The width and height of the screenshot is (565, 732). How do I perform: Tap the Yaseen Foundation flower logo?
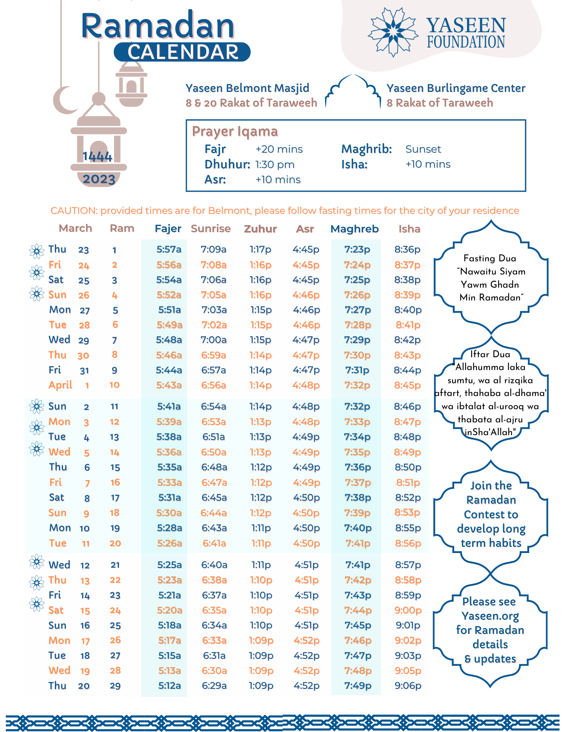[393, 32]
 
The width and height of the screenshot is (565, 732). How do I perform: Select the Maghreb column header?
[354, 229]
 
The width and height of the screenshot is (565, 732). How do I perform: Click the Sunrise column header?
[211, 229]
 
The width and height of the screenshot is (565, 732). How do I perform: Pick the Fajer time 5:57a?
[169, 250]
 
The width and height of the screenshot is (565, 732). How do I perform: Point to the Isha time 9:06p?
[408, 686]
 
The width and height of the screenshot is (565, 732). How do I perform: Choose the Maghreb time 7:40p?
[358, 528]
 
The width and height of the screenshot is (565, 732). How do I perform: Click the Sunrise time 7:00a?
[214, 340]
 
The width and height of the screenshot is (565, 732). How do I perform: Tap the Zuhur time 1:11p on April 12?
[261, 565]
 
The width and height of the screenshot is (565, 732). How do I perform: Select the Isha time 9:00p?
[408, 610]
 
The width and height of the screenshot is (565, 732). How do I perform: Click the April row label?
[60, 385]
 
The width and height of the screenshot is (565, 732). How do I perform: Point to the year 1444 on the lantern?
[97, 157]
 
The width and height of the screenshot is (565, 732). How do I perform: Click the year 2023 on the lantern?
[99, 179]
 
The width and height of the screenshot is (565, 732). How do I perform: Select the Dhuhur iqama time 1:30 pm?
[275, 164]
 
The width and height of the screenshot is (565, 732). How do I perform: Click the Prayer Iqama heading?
[235, 131]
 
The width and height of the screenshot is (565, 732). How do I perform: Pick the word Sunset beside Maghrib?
[423, 149]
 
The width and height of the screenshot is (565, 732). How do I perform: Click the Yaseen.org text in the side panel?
[490, 616]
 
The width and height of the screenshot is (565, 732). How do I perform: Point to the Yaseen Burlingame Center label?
[456, 88]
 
